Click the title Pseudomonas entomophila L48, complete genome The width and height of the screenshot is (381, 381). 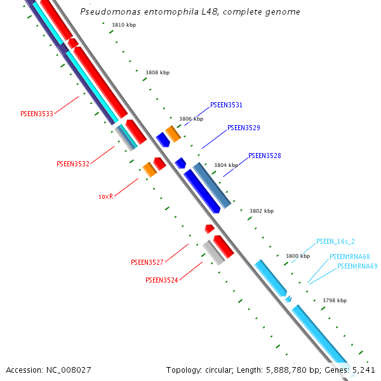(x=190, y=12)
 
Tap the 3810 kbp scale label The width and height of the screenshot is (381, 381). (x=124, y=25)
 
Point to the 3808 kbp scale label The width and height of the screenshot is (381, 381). (x=157, y=73)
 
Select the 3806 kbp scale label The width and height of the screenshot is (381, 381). (x=191, y=119)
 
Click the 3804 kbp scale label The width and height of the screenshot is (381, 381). (x=226, y=165)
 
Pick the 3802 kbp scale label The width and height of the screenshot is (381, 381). (x=261, y=211)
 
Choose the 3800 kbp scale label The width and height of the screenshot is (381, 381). (x=297, y=256)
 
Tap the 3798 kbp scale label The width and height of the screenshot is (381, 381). (x=335, y=300)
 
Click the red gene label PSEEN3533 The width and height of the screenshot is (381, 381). (x=37, y=114)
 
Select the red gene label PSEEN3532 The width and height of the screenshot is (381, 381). (x=73, y=164)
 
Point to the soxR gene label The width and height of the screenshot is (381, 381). (x=105, y=197)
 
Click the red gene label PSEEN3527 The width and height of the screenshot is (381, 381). (x=147, y=262)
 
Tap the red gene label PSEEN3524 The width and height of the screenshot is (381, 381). (x=162, y=280)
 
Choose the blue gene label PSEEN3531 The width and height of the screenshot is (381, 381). (x=226, y=105)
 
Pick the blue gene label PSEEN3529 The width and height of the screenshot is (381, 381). (x=244, y=128)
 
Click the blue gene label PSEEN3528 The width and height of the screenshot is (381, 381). (x=265, y=156)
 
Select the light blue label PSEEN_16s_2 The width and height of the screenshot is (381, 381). (x=335, y=242)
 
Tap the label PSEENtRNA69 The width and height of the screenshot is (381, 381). (x=357, y=267)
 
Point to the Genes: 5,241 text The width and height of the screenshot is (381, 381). (x=351, y=370)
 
